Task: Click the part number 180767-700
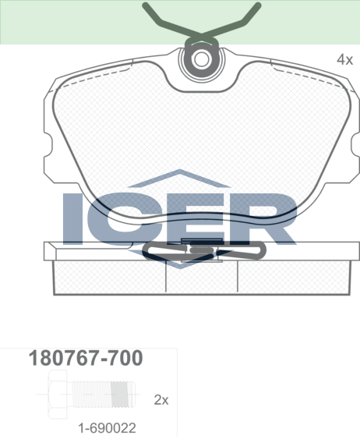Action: (86, 358)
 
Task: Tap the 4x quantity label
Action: (344, 59)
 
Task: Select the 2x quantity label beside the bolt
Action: (161, 400)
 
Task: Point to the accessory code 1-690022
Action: (107, 428)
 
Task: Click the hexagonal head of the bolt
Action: (58, 395)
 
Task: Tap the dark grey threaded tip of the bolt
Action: (121, 395)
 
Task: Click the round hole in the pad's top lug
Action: (201, 59)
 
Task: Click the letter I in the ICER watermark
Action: (73, 218)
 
